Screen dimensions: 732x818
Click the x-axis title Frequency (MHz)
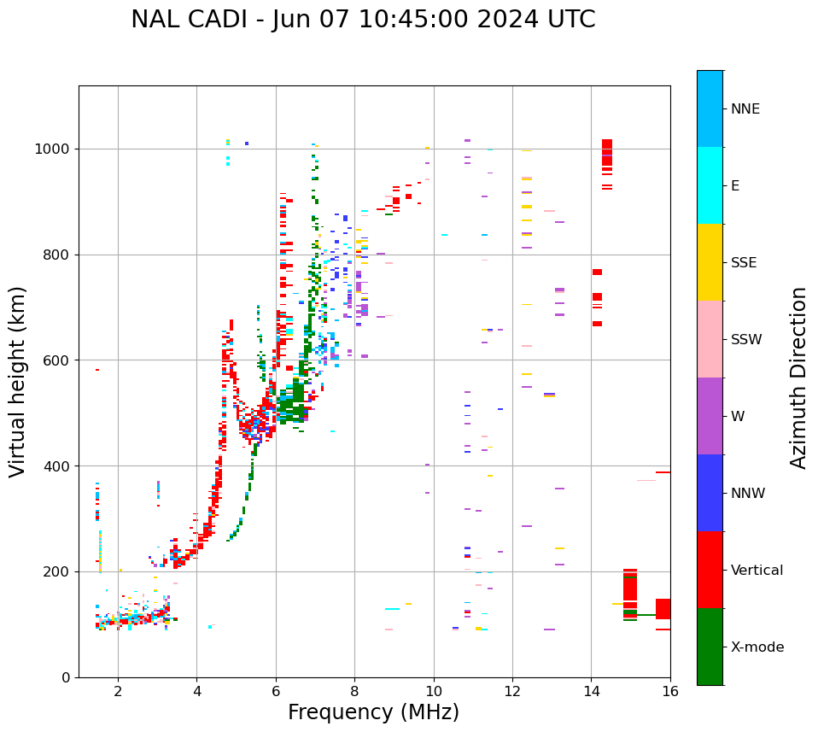point(373,712)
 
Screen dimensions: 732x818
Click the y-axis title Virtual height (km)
point(18,381)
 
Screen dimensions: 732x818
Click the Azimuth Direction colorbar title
point(798,378)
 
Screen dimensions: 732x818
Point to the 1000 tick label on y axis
point(54,149)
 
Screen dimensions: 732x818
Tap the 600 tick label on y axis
point(57,360)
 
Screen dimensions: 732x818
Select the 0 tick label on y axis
point(65,677)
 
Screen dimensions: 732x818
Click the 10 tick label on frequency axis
point(434,691)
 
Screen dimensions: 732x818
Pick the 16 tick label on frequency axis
point(670,691)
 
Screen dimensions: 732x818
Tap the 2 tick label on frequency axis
point(118,691)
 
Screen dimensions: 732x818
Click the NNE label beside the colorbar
point(745,109)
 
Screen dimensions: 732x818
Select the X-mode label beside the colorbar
point(757,647)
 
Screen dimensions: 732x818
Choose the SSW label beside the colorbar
point(746,340)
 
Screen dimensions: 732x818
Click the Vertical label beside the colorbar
point(757,571)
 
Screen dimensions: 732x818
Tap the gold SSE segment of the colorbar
point(710,262)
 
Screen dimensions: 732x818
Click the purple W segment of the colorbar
point(710,416)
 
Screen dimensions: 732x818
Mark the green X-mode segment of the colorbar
point(710,647)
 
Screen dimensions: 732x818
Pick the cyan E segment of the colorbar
point(710,185)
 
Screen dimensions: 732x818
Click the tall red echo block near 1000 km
point(607,152)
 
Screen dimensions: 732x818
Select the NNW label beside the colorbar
point(748,494)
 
